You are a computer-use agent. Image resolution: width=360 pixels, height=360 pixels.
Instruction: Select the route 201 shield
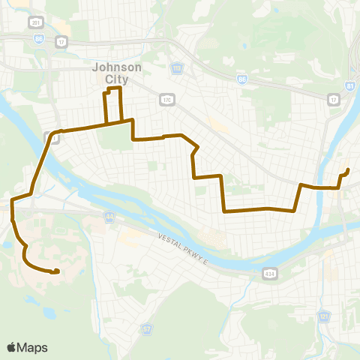[x=36, y=21]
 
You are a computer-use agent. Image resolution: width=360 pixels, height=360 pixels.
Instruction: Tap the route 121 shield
[x=324, y=317]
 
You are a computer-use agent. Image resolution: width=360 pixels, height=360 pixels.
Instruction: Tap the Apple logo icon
[x=11, y=347]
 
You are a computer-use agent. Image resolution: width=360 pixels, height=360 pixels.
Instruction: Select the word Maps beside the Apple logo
[x=32, y=347]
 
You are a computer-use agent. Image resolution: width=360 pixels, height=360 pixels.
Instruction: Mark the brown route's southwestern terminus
[x=57, y=271]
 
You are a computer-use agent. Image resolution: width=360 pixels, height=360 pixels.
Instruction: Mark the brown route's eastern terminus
[x=349, y=170]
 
